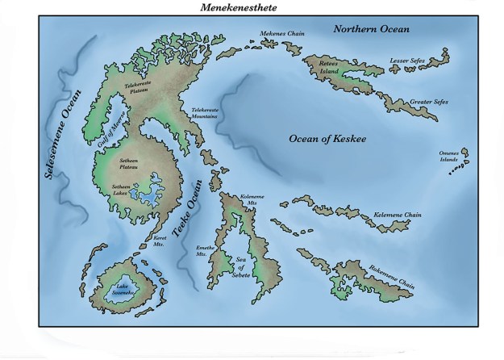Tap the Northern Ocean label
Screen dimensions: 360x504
373,29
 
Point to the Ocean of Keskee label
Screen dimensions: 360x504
327,139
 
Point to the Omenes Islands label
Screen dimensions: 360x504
448,157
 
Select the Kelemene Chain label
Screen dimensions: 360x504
398,216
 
